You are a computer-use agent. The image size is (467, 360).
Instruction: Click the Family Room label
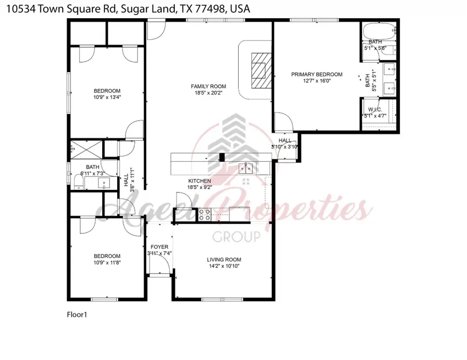[x=209, y=86]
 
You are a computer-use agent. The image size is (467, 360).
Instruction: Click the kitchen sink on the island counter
[x=245, y=168]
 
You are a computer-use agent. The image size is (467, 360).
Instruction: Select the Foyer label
[x=159, y=246]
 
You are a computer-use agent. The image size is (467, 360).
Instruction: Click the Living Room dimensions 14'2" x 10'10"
[x=224, y=267]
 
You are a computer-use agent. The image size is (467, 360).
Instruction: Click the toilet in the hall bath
[x=77, y=181]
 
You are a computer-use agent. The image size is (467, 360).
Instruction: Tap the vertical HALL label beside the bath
[x=126, y=180]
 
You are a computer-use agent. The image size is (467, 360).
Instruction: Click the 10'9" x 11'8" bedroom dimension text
[x=107, y=262]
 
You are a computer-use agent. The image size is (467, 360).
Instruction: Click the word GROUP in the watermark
[x=237, y=237]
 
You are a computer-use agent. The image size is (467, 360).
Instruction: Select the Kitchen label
[x=199, y=181]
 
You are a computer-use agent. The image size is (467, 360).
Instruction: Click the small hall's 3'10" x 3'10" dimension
[x=284, y=147]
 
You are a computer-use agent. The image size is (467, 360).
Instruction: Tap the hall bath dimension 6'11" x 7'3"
[x=92, y=173]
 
